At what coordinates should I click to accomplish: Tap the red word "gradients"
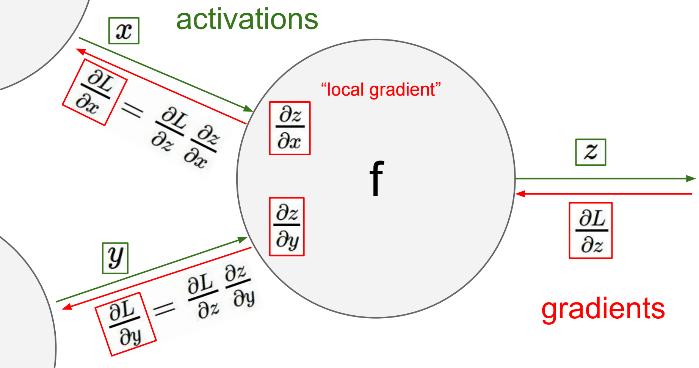coord(603,309)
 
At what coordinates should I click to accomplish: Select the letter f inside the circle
coord(377,178)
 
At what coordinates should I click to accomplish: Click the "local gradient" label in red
coord(381,90)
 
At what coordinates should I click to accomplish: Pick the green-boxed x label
coord(124,31)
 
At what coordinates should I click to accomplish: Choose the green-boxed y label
coord(115,258)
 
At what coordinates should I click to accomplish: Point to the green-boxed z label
coord(591,152)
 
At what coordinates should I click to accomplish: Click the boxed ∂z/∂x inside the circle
coord(290,128)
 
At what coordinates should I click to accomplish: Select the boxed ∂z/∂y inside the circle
coord(287,226)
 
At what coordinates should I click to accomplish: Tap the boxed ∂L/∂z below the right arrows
coord(591,231)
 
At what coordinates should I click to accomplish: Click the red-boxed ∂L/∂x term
coord(94,92)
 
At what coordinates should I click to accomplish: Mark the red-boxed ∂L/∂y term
coord(125,324)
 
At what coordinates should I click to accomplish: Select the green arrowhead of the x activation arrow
coord(248,109)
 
